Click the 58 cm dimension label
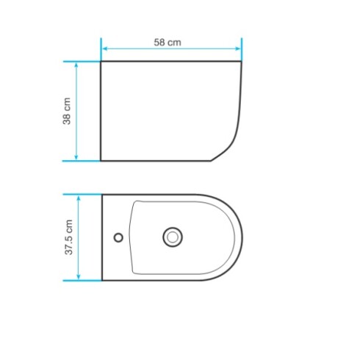168,43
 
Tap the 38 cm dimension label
67,111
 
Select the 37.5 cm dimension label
69,237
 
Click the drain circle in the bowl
173,237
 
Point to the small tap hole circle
118,237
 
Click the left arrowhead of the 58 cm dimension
105,48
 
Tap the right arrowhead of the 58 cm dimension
237,48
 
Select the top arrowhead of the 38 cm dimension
76,65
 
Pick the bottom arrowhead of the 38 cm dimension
76,156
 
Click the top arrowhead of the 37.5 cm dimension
79,198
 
